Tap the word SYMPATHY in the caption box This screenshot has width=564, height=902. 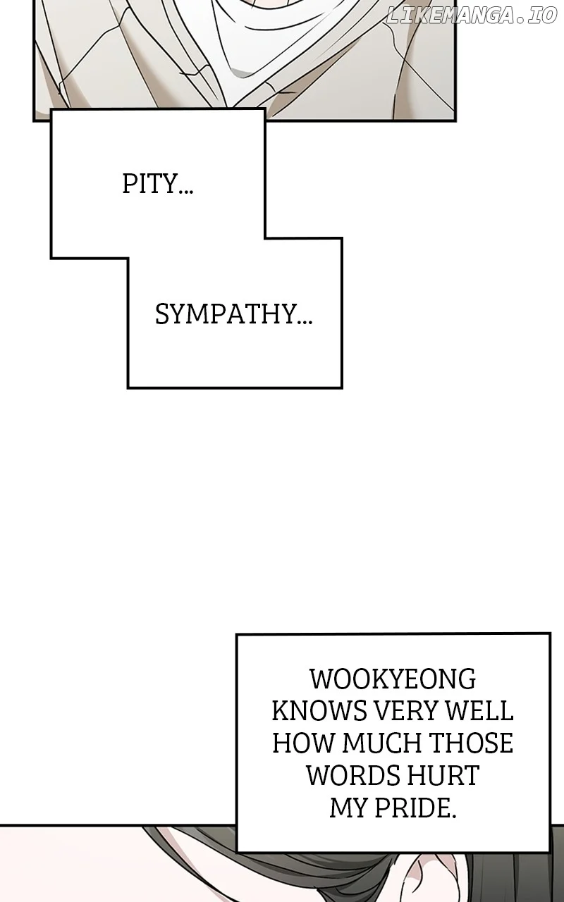[226, 314]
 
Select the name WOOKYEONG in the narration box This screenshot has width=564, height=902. [393, 679]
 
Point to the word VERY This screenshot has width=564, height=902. [406, 712]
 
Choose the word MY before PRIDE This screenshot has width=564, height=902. [349, 808]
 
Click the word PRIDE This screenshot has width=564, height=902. [411, 808]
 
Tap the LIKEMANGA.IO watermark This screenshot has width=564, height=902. [472, 16]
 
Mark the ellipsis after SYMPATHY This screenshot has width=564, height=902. [305, 322]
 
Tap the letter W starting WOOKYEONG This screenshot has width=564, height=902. [321, 679]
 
